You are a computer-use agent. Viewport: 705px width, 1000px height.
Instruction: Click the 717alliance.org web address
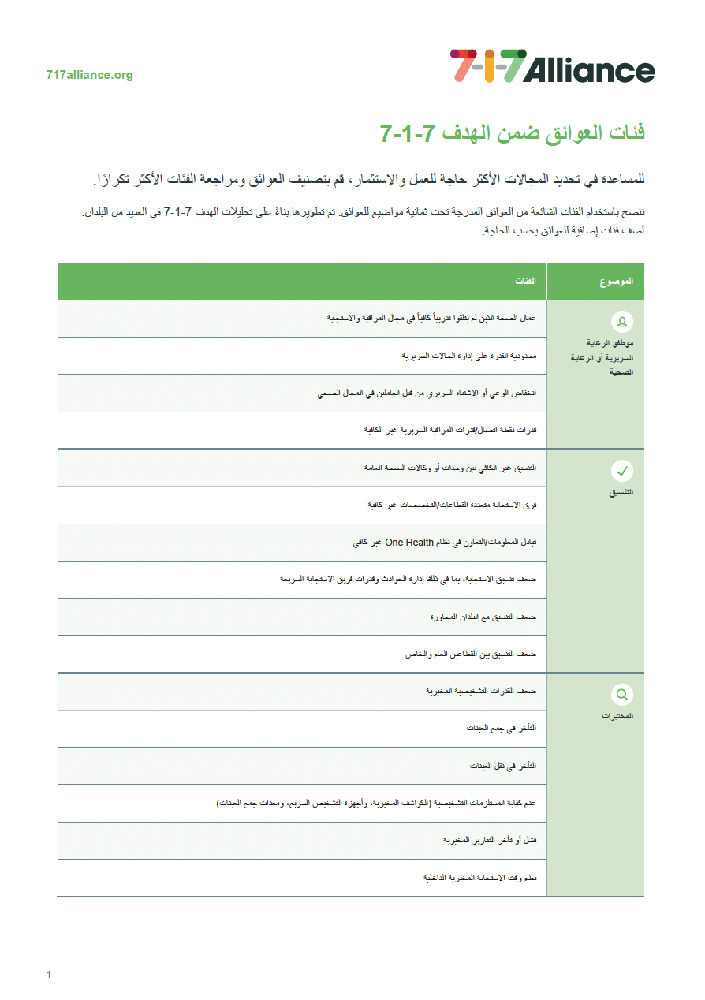click(90, 76)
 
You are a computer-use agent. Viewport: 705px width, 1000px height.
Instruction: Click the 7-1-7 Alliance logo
click(552, 66)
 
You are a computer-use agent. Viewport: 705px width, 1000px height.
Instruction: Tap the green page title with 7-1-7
click(512, 132)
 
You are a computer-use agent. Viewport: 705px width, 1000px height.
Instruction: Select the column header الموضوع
click(616, 282)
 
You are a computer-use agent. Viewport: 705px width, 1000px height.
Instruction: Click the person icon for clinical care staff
click(622, 321)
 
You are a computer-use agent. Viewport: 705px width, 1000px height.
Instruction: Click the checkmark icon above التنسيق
click(622, 471)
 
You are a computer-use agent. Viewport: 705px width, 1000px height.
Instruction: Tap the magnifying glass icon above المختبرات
click(622, 695)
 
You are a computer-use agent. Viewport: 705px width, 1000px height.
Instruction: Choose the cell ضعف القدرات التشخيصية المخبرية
click(481, 692)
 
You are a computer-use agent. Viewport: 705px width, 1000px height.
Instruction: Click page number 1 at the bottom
click(49, 975)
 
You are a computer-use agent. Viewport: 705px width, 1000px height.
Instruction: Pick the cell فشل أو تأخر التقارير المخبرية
click(490, 841)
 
